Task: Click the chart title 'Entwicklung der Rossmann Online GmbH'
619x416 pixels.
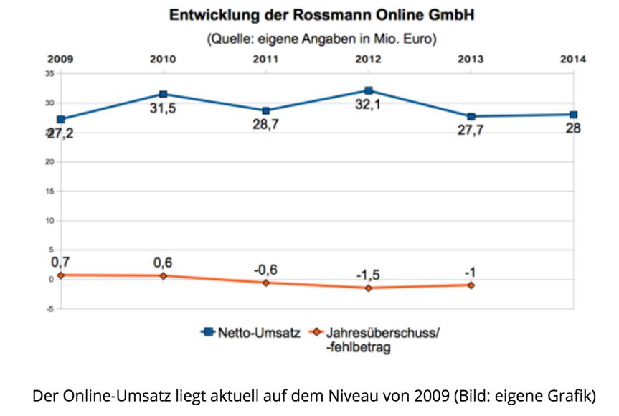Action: coord(321,15)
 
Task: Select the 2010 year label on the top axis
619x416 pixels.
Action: coord(164,60)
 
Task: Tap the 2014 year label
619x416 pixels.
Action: coord(573,60)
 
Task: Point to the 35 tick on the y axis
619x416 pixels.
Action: coord(49,73)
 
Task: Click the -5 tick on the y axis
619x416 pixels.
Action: coord(49,309)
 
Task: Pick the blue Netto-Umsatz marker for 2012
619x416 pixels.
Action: coord(369,90)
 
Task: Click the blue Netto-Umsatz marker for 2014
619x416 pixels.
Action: coord(574,115)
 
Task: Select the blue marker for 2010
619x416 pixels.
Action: coord(164,94)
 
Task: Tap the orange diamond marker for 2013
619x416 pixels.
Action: coord(471,285)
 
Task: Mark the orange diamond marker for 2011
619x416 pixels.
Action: coord(266,283)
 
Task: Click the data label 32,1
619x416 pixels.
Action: coord(369,105)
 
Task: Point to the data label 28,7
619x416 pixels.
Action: coord(266,125)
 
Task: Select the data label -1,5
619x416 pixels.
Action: coord(369,274)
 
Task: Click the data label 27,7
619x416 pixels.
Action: coord(471,131)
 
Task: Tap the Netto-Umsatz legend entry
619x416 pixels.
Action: coord(247,333)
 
